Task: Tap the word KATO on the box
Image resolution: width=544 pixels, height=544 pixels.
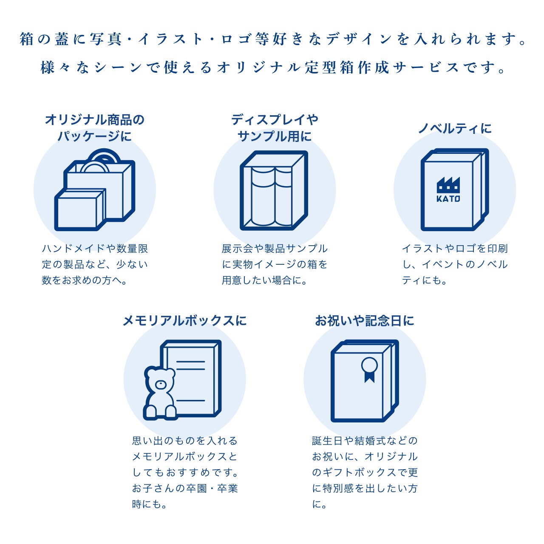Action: pyautogui.click(x=448, y=198)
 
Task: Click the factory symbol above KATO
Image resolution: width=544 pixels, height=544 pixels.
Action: pyautogui.click(x=448, y=185)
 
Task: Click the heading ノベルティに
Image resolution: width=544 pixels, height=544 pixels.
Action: pyautogui.click(x=455, y=128)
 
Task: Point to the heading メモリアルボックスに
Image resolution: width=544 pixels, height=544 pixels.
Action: pyautogui.click(x=184, y=320)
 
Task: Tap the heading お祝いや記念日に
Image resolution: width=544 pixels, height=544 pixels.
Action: pyautogui.click(x=365, y=320)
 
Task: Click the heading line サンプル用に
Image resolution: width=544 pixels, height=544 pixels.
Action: pyautogui.click(x=275, y=136)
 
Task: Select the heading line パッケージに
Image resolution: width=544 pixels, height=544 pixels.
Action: pyautogui.click(x=94, y=136)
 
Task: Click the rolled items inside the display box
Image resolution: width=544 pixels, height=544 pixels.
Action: pyautogui.click(x=272, y=196)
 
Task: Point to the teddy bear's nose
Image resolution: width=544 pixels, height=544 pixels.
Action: pyautogui.click(x=161, y=385)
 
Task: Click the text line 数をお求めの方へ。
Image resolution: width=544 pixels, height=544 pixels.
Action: pyautogui.click(x=85, y=280)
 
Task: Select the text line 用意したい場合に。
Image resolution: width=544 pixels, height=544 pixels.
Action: pyautogui.click(x=264, y=280)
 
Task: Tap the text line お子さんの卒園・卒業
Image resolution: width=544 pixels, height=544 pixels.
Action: pyautogui.click(x=185, y=488)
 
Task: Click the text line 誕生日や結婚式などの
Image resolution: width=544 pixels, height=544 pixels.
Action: pyautogui.click(x=365, y=441)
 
